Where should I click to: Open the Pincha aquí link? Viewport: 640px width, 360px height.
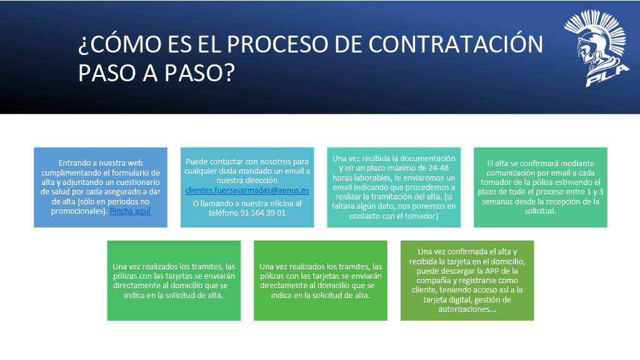tap(130, 211)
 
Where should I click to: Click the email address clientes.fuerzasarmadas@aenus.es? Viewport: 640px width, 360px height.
tap(247, 190)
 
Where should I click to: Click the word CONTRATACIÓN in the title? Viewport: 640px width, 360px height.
tap(456, 44)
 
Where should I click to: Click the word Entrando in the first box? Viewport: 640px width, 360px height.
tap(76, 163)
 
